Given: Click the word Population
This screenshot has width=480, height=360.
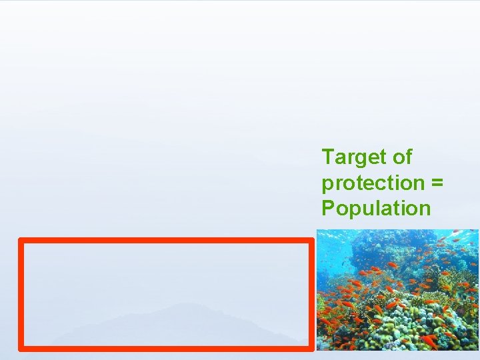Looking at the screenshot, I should click(x=376, y=209).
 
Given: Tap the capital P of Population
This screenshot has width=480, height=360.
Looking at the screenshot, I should click(x=329, y=208).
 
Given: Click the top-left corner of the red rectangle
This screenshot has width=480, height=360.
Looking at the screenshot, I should click(x=21, y=240).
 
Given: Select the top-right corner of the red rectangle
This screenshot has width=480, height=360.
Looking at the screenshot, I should click(x=311, y=240).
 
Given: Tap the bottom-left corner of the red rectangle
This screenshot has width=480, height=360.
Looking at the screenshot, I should click(x=21, y=348).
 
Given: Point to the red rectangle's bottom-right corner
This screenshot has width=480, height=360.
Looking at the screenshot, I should click(x=311, y=348).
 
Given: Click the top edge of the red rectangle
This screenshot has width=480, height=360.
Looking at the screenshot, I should click(x=167, y=240).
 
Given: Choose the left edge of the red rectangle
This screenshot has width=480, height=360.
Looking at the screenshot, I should click(x=21, y=293).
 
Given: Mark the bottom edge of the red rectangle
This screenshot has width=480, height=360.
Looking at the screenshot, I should click(x=167, y=348).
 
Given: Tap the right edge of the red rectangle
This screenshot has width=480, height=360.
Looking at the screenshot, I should click(x=311, y=293).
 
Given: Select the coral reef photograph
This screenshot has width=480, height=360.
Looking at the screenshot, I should click(x=397, y=290).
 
